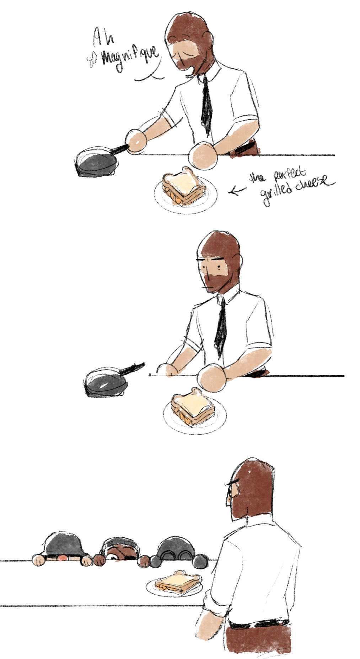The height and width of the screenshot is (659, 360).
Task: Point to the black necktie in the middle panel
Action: point(221,328)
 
